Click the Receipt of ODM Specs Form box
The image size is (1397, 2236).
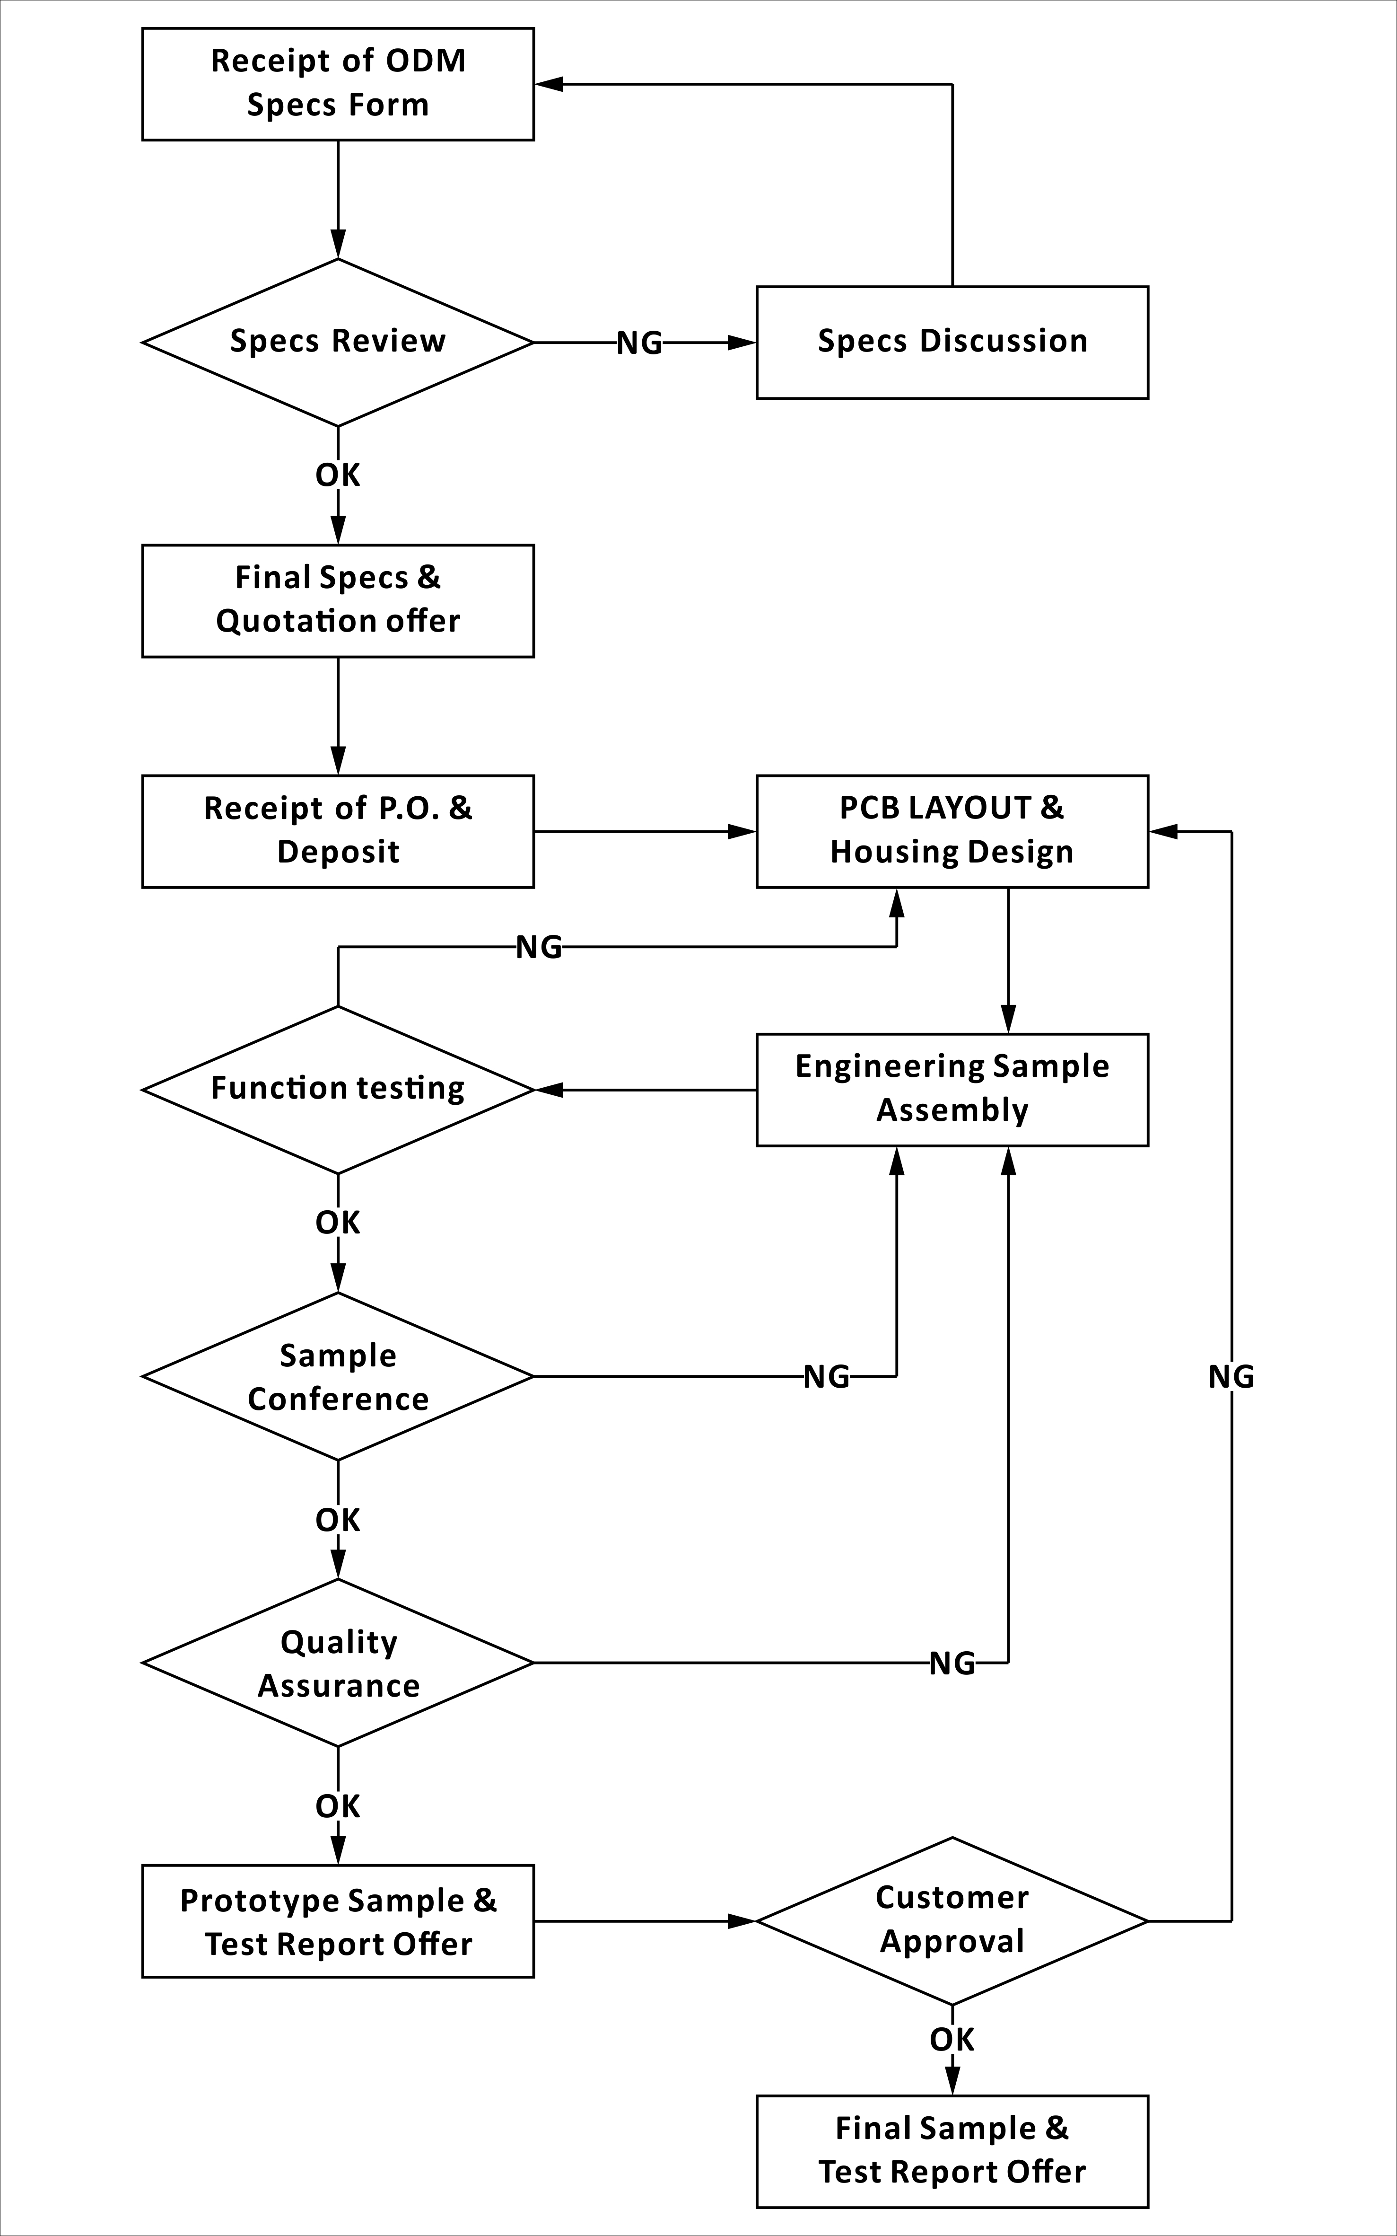point(338,84)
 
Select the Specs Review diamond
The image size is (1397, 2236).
point(338,342)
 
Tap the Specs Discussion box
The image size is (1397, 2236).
point(952,342)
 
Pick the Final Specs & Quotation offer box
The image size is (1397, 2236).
point(338,601)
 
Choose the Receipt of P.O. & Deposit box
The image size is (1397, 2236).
point(338,831)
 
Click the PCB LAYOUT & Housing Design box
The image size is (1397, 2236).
point(952,831)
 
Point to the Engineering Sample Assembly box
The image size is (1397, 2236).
point(952,1090)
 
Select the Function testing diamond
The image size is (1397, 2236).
point(338,1090)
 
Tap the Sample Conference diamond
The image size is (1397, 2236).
point(338,1376)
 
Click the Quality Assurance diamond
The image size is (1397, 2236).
point(338,1663)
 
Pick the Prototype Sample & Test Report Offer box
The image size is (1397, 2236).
point(338,1922)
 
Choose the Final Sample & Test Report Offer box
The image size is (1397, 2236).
point(952,2152)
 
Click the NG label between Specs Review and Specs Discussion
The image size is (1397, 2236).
point(639,343)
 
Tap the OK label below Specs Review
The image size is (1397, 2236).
point(338,475)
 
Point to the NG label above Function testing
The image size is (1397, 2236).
point(539,948)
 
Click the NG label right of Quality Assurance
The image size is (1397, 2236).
point(952,1664)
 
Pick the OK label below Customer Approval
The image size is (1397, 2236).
point(952,2040)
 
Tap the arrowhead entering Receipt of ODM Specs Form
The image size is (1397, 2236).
point(549,84)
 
